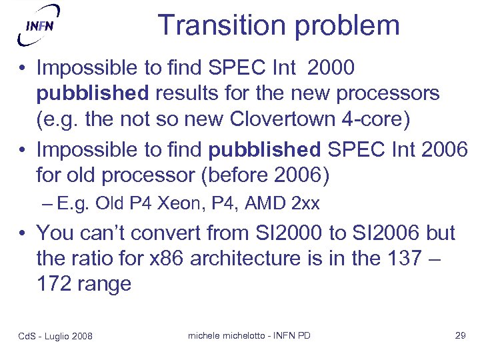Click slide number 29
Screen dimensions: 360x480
[459, 335]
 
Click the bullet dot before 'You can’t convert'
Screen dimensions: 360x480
[23, 234]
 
